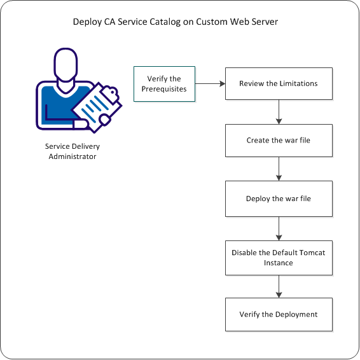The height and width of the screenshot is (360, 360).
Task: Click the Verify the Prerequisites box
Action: tap(163, 83)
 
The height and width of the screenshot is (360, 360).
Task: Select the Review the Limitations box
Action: tap(279, 83)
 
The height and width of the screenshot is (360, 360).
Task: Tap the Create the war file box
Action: tap(279, 141)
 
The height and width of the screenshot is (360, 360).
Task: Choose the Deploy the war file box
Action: tap(279, 198)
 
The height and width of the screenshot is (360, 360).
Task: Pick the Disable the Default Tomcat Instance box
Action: tap(279, 257)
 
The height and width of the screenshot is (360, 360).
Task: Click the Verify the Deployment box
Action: tap(279, 314)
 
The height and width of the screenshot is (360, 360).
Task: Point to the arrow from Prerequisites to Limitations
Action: tap(209, 83)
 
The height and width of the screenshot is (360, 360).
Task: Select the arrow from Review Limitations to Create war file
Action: tap(279, 112)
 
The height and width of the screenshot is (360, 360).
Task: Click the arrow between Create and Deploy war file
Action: tap(279, 169)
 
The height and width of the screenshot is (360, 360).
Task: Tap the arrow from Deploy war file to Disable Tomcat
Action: tap(279, 227)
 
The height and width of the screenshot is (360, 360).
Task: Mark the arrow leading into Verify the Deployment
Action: tap(279, 286)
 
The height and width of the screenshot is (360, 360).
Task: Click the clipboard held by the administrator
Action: tap(97, 104)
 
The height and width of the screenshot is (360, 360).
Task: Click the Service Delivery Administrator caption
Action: tap(73, 151)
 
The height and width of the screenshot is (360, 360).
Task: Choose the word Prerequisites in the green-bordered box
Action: tap(164, 88)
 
